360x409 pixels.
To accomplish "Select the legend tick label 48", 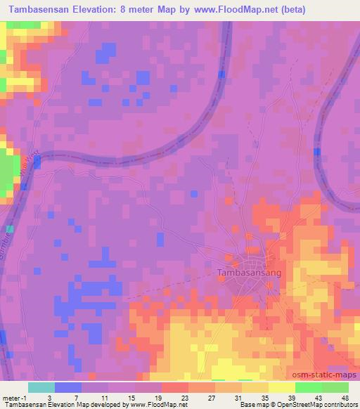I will point(345,397).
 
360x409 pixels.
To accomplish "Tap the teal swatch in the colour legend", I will point(41,387).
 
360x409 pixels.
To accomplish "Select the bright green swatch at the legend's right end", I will point(335,387).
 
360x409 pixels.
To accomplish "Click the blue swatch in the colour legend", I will point(68,387).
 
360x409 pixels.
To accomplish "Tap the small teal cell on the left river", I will point(10,229).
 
